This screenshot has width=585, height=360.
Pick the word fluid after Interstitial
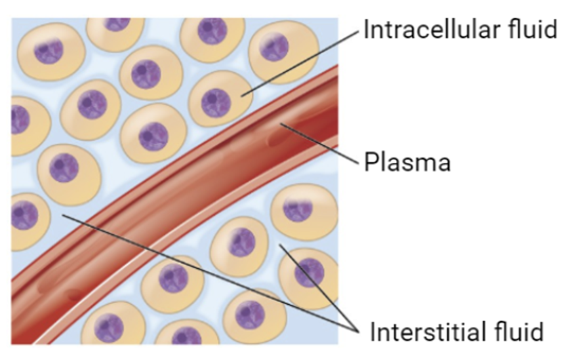tap(522, 332)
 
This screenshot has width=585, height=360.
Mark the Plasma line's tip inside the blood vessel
tap(280, 124)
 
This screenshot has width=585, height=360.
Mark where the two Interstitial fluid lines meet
tap(357, 332)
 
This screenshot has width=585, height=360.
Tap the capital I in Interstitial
tap(374, 332)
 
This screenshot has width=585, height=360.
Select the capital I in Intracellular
tap(367, 30)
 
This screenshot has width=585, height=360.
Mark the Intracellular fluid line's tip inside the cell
tap(242, 95)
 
